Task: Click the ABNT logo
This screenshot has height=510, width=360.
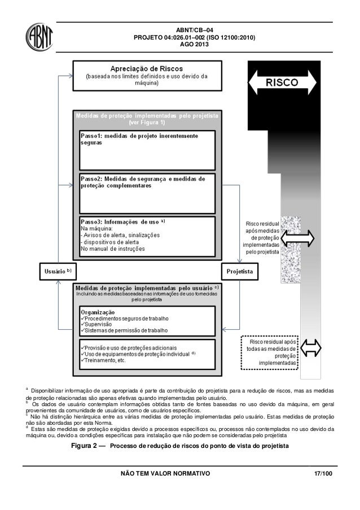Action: (x=39, y=37)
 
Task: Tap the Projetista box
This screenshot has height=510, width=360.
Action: (x=239, y=271)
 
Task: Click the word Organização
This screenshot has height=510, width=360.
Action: (x=98, y=312)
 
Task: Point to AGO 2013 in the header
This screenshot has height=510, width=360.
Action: (x=194, y=45)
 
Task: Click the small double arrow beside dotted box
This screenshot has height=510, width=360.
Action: (x=310, y=348)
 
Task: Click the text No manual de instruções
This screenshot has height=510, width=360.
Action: (x=113, y=249)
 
